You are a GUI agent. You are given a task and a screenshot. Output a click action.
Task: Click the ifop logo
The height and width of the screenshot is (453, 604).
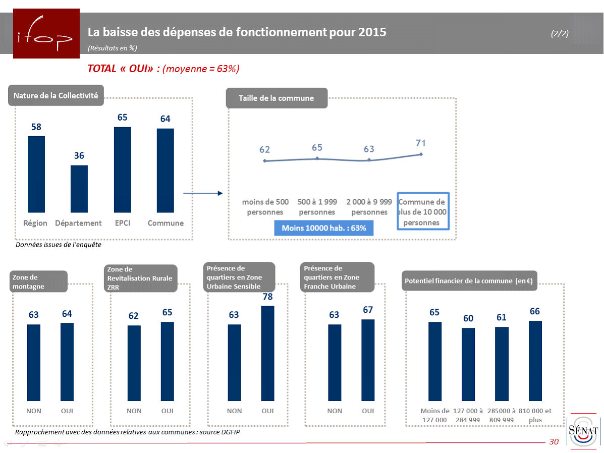(x=46, y=33)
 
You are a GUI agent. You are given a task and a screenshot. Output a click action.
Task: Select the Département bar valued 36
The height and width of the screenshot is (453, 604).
(x=79, y=189)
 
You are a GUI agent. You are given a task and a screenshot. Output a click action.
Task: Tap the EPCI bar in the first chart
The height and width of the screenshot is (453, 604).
(x=123, y=169)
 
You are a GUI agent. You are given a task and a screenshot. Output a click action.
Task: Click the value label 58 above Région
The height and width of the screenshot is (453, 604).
(x=36, y=127)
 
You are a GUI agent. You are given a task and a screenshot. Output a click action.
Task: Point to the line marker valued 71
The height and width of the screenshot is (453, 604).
(x=421, y=154)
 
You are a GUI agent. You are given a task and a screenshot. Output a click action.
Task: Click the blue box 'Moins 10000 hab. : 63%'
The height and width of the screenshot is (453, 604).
(x=323, y=228)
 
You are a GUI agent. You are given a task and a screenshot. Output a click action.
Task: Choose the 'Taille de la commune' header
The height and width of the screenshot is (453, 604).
(x=276, y=98)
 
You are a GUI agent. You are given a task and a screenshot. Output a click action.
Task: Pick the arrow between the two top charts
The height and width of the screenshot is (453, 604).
(x=202, y=193)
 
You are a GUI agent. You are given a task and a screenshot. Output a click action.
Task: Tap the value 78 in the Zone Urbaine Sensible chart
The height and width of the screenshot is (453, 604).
(x=267, y=297)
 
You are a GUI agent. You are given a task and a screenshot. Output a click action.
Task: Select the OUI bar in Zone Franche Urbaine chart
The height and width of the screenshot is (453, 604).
(x=368, y=360)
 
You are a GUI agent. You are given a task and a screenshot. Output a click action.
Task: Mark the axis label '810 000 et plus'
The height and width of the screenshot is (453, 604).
(x=535, y=415)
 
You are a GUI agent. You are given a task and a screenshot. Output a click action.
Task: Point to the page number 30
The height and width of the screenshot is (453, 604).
(x=554, y=442)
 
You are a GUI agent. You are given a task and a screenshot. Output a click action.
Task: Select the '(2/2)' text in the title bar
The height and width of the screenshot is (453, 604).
(x=560, y=34)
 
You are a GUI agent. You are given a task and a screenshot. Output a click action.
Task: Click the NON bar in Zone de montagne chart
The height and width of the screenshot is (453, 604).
(x=34, y=362)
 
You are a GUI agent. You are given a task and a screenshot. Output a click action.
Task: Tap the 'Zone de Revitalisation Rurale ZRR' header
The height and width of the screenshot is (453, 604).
(x=141, y=278)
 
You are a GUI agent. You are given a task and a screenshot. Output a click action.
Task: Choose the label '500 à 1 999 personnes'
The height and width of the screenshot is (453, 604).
(x=317, y=207)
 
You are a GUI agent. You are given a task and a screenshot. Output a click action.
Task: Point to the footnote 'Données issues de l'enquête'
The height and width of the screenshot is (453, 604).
(x=58, y=245)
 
